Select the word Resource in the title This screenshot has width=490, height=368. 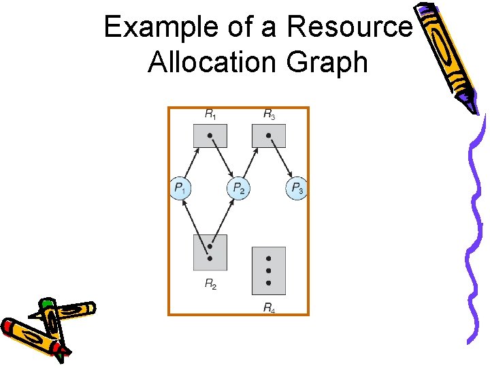coord(350,27)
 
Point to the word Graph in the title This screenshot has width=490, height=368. coord(327,63)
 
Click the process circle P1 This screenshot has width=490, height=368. coord(180,187)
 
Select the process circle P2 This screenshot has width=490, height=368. coord(238,187)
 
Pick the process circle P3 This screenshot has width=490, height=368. coord(297,187)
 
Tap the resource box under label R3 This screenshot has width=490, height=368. coord(269,136)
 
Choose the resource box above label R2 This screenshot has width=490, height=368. coord(210,252)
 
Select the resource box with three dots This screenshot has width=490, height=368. coord(269,271)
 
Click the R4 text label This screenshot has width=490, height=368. coord(269,307)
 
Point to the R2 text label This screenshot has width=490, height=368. coord(211,283)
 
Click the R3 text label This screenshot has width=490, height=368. coord(269,114)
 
